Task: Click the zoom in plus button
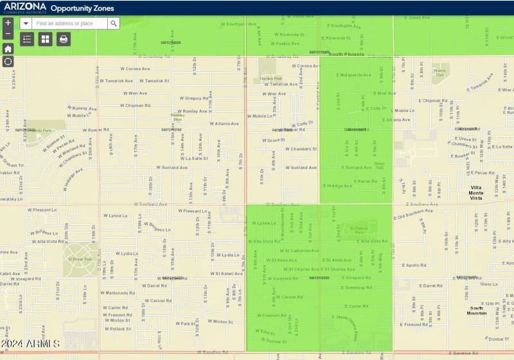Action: [x=8, y=22]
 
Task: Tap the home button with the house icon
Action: [x=8, y=48]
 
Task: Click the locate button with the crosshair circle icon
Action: [x=8, y=62]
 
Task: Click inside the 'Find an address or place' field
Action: [x=69, y=23]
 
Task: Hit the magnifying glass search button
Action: [x=113, y=23]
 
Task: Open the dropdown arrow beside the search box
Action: [x=26, y=23]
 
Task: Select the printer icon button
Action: [x=63, y=39]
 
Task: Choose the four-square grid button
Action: [x=45, y=39]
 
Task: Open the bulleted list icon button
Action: [x=27, y=39]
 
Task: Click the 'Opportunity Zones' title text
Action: [x=82, y=8]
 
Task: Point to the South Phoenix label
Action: [x=346, y=55]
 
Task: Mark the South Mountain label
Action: [x=477, y=310]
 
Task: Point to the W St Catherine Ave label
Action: [x=299, y=251]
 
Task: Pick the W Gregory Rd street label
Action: [x=184, y=98]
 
